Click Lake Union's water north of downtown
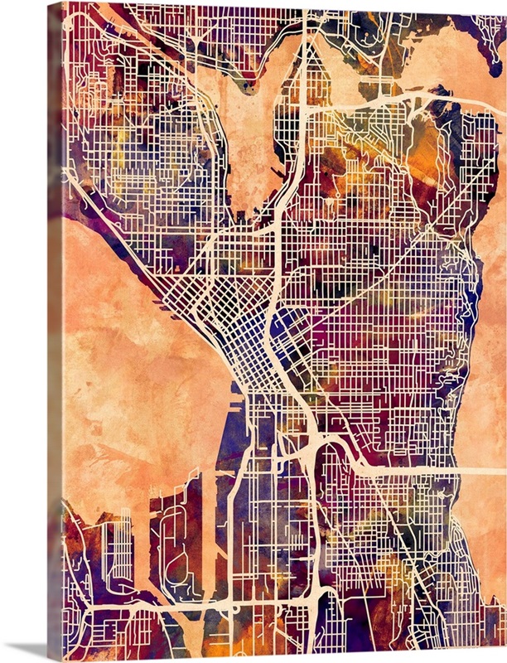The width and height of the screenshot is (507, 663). (x=249, y=141)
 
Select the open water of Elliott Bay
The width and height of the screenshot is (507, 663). (x=133, y=348)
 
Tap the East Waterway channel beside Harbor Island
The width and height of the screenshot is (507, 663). (x=207, y=530)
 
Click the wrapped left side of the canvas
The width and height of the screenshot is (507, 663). (x=54, y=331)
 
